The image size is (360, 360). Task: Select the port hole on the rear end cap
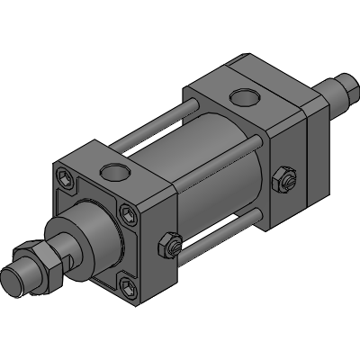(243, 96)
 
